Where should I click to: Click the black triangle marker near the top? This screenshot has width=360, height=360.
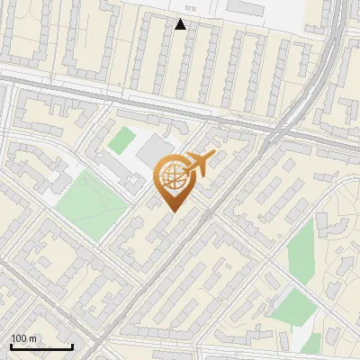tap(181, 24)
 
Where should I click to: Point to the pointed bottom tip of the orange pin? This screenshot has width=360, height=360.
tap(173, 211)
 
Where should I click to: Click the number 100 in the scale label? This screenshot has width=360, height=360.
tap(19, 338)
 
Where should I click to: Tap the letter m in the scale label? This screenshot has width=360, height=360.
tap(34, 338)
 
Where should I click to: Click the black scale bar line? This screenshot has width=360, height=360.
tap(41, 346)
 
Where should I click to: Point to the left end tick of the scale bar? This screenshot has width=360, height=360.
tap(11, 345)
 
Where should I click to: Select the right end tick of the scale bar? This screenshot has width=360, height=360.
tap(72, 345)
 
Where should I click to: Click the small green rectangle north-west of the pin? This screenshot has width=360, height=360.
tap(121, 140)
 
